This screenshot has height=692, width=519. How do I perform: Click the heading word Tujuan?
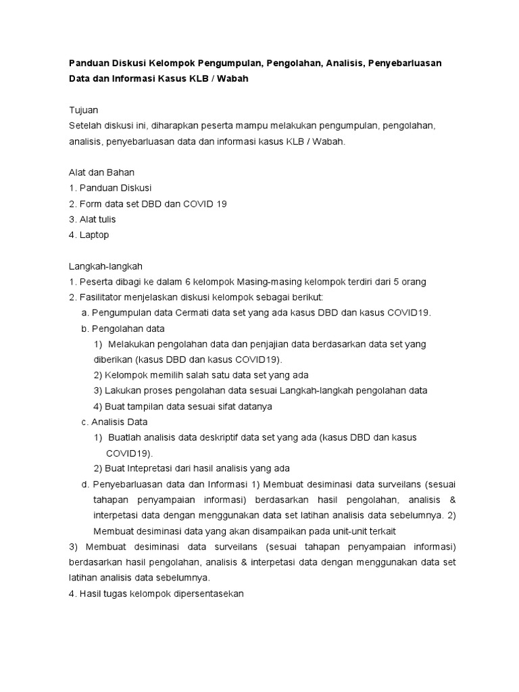pyautogui.click(x=84, y=109)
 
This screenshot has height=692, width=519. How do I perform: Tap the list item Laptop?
pyautogui.click(x=94, y=234)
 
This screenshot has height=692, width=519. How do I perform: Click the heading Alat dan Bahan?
pyautogui.click(x=101, y=172)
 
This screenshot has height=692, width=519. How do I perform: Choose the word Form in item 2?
pyautogui.click(x=91, y=203)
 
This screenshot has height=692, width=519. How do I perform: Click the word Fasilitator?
pyautogui.click(x=104, y=297)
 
